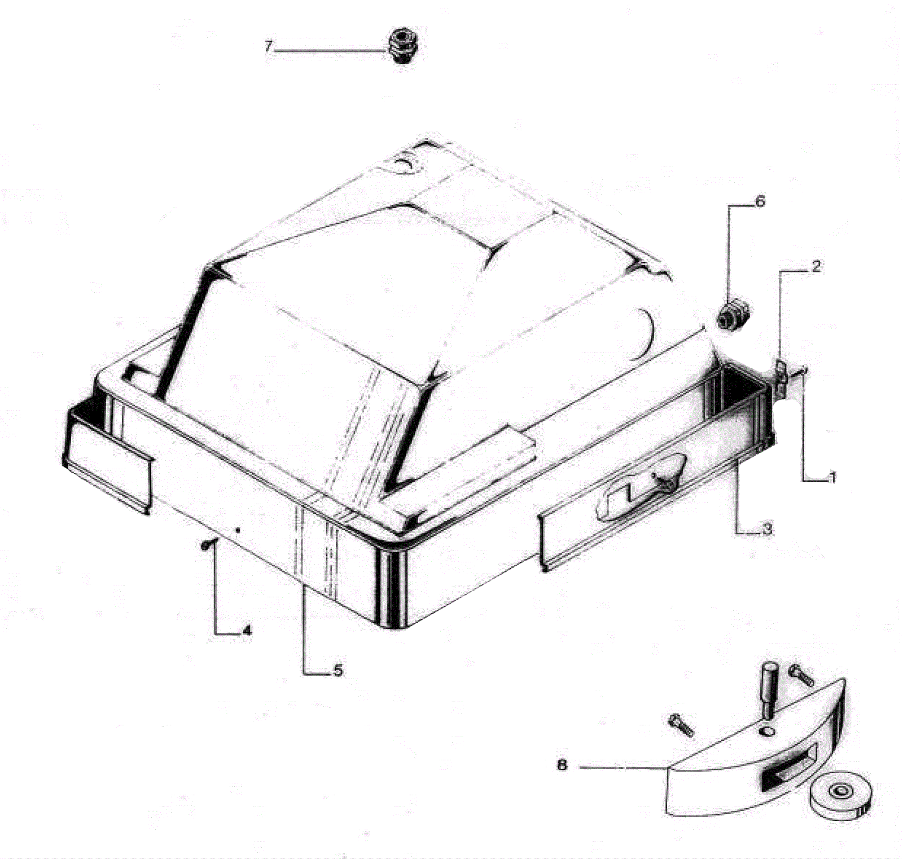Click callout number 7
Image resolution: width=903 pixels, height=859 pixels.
coord(269,46)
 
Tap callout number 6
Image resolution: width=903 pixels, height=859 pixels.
coord(760,201)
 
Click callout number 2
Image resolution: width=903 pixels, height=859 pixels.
coord(816,266)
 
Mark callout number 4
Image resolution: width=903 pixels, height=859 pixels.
coord(247,631)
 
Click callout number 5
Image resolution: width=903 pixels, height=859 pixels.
coord(337,671)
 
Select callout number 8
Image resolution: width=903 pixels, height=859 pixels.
coord(562,765)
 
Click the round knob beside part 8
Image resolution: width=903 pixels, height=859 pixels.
coord(840,796)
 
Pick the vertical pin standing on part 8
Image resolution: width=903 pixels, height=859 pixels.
coord(770,690)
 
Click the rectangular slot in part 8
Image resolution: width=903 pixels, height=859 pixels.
coord(788,768)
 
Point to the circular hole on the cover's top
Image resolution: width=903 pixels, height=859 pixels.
coord(404,164)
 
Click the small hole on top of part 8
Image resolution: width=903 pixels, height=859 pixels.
coord(767,732)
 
